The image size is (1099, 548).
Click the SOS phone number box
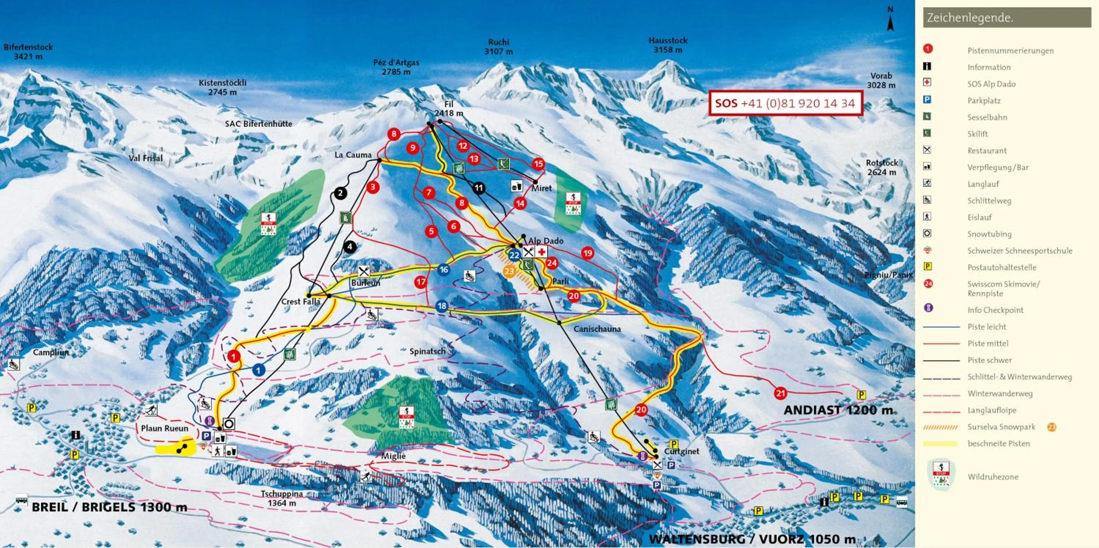tap(785, 103)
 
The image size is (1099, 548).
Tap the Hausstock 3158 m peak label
tap(668, 45)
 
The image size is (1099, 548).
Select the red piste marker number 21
tap(780, 393)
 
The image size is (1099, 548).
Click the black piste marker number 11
tap(479, 188)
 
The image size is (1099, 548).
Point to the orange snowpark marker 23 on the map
tap(509, 271)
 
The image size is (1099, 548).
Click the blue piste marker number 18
tap(442, 306)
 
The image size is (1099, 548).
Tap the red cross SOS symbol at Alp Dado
tap(541, 252)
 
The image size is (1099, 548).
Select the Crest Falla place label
tap(300, 301)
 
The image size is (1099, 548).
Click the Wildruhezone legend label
tap(993, 477)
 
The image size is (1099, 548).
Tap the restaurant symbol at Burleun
tap(363, 271)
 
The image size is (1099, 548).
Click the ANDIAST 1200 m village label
tap(838, 410)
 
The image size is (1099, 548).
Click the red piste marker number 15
tap(539, 164)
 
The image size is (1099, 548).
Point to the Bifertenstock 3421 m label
tap(28, 52)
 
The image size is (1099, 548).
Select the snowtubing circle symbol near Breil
tap(229, 424)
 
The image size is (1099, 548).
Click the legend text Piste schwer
tap(989, 360)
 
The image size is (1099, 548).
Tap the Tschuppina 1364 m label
tap(282, 498)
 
